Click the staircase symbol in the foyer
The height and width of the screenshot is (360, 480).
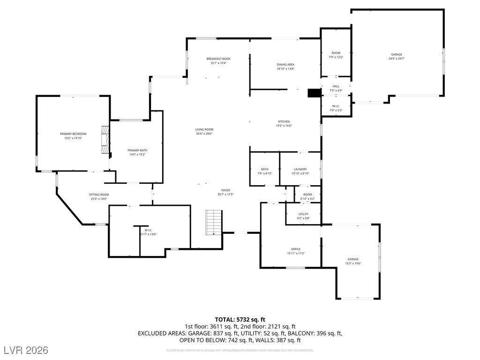point(214,223)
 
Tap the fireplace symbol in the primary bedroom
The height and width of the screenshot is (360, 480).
point(105,139)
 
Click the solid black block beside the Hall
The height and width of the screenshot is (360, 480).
point(314,93)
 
